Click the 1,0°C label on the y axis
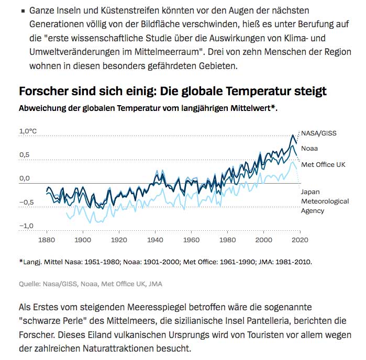click(x=28, y=131)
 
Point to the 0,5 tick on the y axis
click(x=25, y=155)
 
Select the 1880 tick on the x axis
click(x=46, y=240)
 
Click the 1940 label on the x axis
click(x=154, y=240)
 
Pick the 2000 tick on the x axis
click(x=263, y=240)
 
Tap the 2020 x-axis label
click(x=299, y=240)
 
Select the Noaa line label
click(x=309, y=148)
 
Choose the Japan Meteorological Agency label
click(x=319, y=201)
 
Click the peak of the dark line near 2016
click(x=293, y=135)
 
